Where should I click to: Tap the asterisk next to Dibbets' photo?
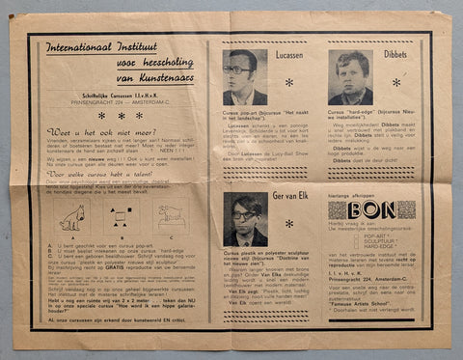pyautogui.click(x=395, y=83)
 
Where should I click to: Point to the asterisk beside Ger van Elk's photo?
pyautogui.click(x=289, y=228)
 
